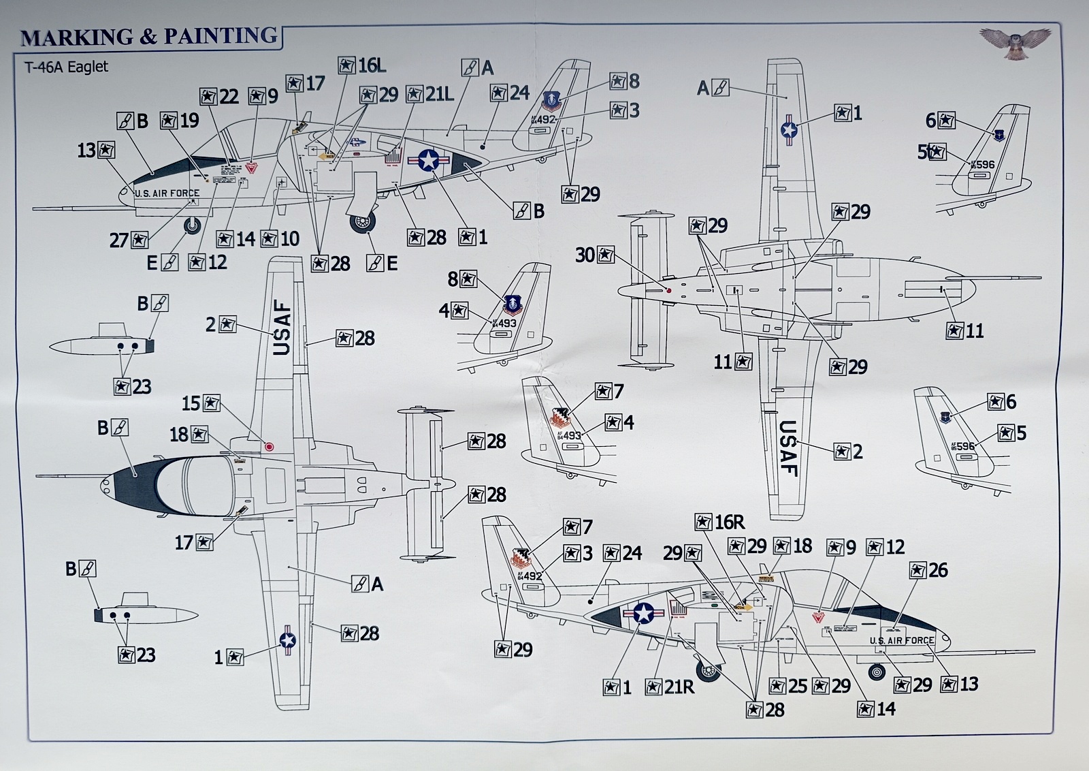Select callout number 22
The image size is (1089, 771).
tap(220, 96)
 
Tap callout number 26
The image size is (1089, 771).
tap(928, 570)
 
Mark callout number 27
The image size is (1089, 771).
tap(129, 240)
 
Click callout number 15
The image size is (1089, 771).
tap(201, 403)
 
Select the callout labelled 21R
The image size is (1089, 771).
tap(670, 687)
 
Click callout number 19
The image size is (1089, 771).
tap(180, 121)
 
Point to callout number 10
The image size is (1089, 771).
tap(280, 239)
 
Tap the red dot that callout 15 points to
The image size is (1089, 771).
tap(270, 447)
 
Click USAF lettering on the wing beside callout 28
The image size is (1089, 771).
tap(282, 329)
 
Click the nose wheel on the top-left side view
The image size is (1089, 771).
tap(193, 225)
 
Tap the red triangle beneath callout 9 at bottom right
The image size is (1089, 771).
tap(819, 618)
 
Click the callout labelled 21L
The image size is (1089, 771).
tap(430, 94)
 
